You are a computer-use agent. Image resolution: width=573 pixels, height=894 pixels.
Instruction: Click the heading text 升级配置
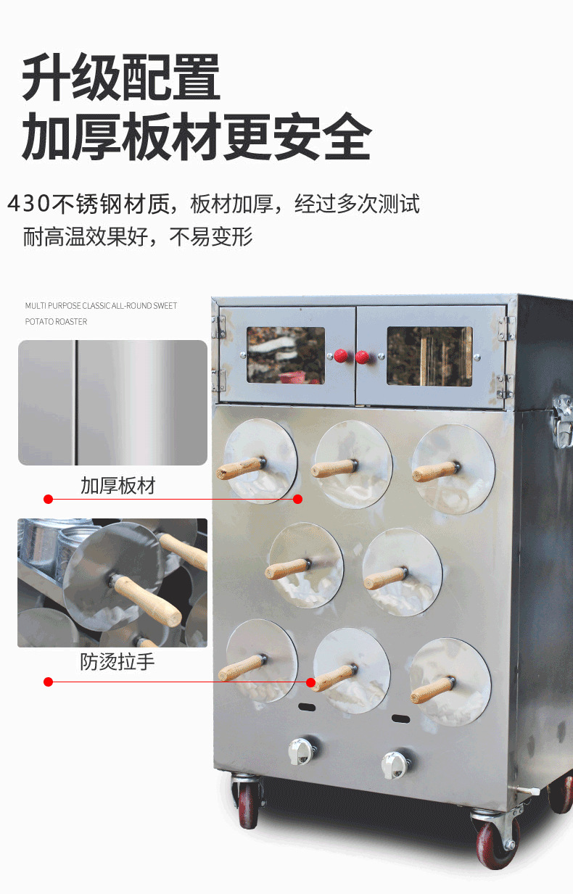(x=120, y=77)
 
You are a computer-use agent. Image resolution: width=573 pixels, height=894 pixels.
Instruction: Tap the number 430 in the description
(x=28, y=204)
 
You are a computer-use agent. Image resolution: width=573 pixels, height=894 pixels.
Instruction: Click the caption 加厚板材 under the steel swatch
(x=118, y=486)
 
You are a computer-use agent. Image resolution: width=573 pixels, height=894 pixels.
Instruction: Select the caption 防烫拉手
(x=117, y=662)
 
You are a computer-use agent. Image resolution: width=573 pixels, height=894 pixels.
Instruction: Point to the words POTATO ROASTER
(x=56, y=322)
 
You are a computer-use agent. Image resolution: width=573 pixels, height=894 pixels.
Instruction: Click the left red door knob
(x=341, y=355)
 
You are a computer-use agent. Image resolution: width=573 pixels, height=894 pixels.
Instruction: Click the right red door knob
(x=362, y=357)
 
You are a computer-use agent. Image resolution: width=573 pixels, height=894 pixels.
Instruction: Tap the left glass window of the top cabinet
(x=286, y=355)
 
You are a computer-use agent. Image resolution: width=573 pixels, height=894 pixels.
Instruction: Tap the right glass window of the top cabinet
(x=429, y=356)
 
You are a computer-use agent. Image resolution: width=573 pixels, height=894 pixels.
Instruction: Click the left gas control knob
(x=301, y=751)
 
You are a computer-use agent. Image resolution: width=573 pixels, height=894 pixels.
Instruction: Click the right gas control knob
(x=394, y=765)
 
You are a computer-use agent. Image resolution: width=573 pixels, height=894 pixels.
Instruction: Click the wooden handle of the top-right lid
(x=436, y=472)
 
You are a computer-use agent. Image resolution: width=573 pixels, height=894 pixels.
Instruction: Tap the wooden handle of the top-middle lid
(x=334, y=468)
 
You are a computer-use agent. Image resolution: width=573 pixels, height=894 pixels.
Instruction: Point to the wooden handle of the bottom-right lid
(x=433, y=691)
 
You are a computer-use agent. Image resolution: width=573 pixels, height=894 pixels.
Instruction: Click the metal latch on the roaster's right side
(x=563, y=421)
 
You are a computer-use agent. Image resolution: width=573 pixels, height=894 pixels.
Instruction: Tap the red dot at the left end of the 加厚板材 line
(x=49, y=499)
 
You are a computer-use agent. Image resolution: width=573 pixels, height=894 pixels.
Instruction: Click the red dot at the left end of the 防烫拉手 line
(x=49, y=682)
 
